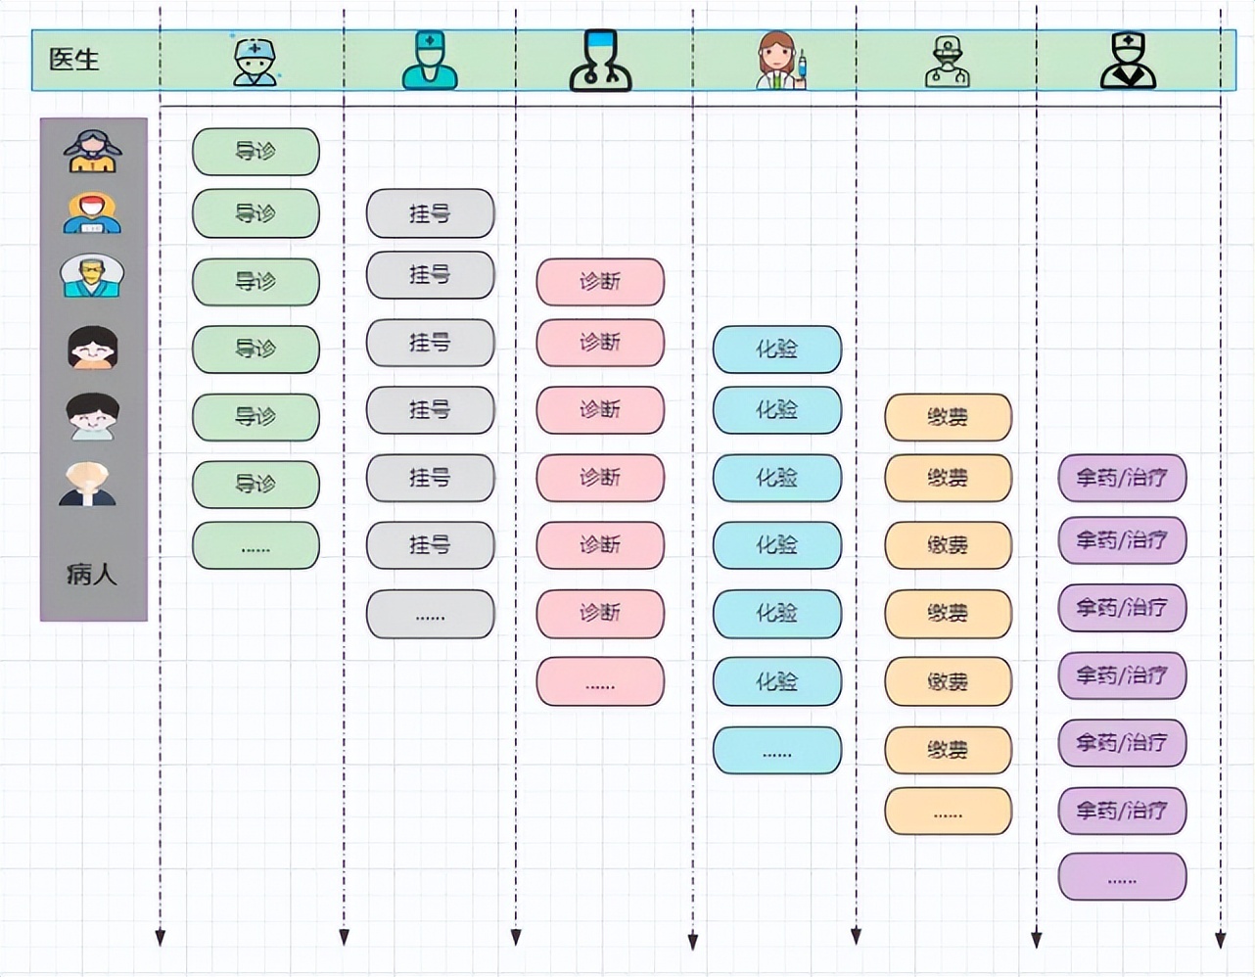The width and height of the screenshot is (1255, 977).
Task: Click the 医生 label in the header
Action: [73, 60]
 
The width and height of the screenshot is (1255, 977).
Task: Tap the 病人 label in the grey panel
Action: [92, 574]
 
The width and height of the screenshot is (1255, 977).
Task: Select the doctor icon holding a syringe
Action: [780, 61]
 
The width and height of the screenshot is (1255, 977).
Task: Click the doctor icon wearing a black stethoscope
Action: [600, 61]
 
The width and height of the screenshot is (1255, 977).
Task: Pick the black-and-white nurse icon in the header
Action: [1128, 61]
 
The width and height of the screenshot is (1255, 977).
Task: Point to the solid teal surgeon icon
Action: [430, 61]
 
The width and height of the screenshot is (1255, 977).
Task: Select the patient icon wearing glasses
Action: [92, 276]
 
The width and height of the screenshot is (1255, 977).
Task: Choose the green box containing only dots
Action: [256, 545]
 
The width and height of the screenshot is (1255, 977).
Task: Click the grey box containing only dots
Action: [430, 614]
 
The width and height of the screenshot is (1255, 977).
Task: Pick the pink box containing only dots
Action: [600, 682]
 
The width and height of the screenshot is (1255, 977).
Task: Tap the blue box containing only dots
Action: [776, 751]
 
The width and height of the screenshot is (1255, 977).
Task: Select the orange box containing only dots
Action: [948, 812]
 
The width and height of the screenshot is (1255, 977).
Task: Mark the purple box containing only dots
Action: [1122, 877]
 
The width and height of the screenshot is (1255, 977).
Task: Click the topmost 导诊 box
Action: [256, 152]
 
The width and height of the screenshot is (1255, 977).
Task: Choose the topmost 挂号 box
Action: [430, 213]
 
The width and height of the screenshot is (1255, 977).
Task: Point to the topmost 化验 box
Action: [776, 349]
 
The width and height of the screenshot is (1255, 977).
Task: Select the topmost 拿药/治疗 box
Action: [1122, 479]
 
